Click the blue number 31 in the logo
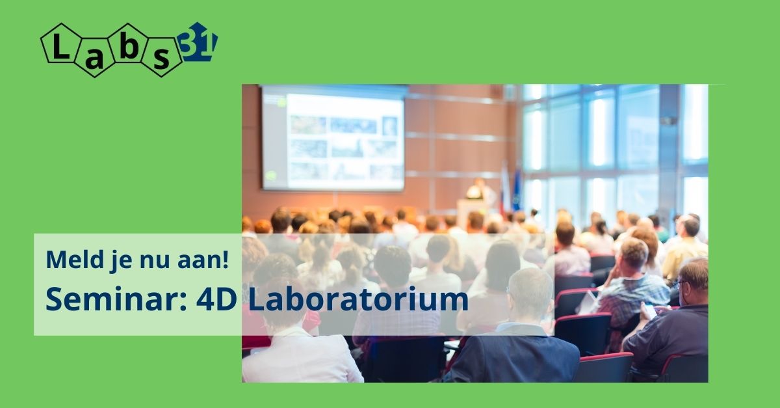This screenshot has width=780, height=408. pyautogui.click(x=197, y=42)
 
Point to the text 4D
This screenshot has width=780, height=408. pyautogui.click(x=216, y=300)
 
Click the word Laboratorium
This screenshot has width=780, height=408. pyautogui.click(x=358, y=299)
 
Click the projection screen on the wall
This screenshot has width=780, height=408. pyautogui.click(x=333, y=139)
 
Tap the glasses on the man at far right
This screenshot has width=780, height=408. pyautogui.click(x=679, y=284)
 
